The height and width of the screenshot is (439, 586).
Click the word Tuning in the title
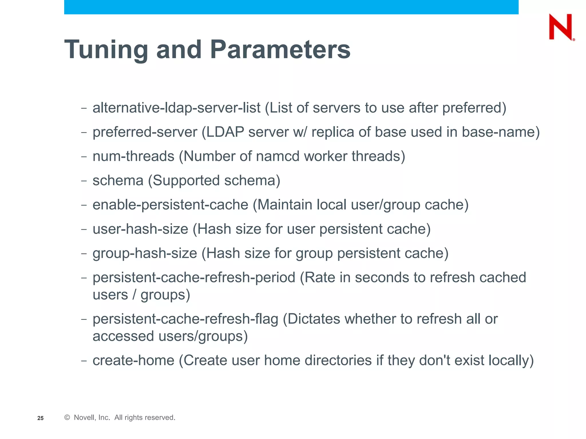[x=106, y=50]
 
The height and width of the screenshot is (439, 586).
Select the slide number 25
[x=40, y=418]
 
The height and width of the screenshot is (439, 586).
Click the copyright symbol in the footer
[x=67, y=418]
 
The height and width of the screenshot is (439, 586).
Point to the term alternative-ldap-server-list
[x=176, y=108]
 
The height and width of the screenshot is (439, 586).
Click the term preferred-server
[x=145, y=132]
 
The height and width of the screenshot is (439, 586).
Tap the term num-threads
[x=133, y=157]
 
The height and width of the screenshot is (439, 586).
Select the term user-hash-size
[x=140, y=229]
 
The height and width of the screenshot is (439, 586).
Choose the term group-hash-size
[x=145, y=254]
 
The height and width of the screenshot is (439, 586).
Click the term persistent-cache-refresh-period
[x=194, y=278]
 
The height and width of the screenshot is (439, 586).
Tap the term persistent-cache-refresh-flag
[x=185, y=319]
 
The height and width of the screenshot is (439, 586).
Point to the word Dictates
[x=314, y=319]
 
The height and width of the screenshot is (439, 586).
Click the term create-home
[x=133, y=360]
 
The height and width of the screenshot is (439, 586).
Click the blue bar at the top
[x=291, y=7]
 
